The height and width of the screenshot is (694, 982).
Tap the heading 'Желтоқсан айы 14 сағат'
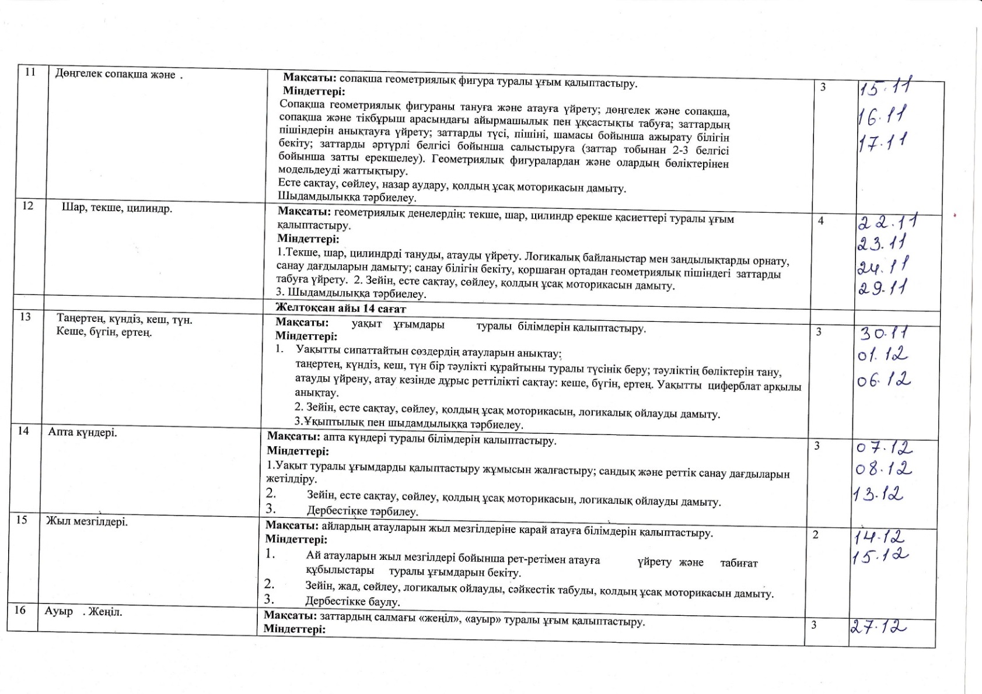(341, 309)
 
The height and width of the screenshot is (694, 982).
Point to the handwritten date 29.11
(885, 288)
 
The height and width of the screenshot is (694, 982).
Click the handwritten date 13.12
(878, 495)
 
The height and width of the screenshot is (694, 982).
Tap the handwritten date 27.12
(878, 628)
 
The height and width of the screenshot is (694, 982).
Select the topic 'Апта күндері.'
(83, 433)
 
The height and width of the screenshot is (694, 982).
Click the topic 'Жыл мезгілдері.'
(87, 521)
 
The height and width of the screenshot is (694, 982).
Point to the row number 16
(20, 611)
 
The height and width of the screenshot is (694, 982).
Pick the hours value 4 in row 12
(821, 221)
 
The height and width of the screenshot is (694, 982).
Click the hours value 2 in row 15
(816, 534)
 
